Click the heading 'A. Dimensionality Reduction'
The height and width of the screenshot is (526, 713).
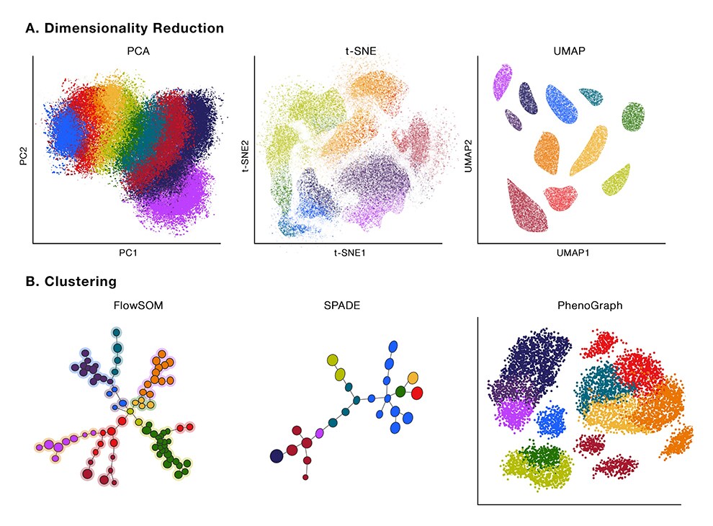click(125, 28)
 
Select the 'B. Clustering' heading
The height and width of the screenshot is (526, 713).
click(71, 281)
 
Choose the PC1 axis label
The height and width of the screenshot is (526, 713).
click(126, 253)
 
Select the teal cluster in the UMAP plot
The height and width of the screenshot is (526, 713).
click(591, 97)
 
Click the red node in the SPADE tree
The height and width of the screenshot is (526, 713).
click(416, 393)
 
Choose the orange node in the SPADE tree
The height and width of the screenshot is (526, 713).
click(413, 378)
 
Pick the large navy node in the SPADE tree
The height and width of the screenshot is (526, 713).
click(277, 455)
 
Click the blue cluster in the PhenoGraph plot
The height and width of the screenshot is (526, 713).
click(551, 420)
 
